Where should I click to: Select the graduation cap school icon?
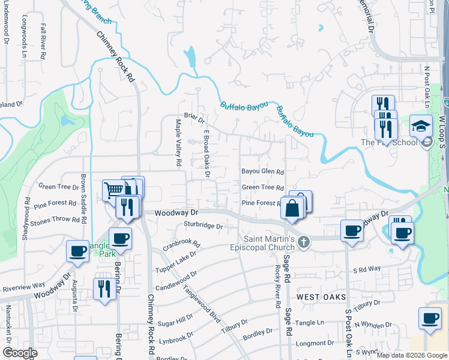coord(421,127)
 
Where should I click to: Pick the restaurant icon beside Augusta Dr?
coord(104,288)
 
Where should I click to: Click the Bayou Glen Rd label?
coord(262,172)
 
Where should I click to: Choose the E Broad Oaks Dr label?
coord(206,154)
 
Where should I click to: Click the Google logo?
coord(20,353)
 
